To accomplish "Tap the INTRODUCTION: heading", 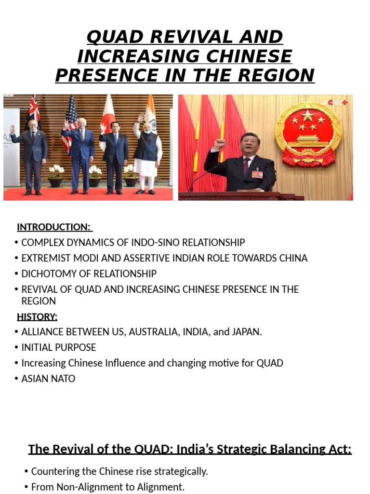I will (54, 227).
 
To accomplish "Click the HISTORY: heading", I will (37, 316).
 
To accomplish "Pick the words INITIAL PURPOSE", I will (59, 347).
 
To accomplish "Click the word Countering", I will (54, 471).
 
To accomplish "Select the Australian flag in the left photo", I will (34, 111).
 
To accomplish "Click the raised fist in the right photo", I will (221, 143).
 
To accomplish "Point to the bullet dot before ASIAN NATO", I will (17, 379).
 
